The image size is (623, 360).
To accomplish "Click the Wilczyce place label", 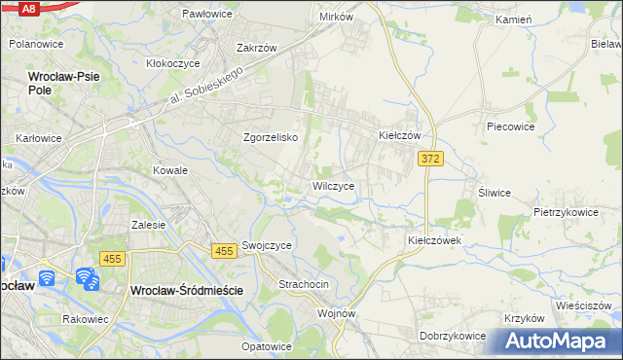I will point(339,185).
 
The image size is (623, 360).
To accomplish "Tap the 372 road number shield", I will point(431,158).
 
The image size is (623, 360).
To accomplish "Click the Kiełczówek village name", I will point(433,239).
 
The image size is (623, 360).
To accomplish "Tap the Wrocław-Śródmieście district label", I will point(184,290).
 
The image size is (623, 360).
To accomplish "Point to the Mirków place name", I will point(336,18).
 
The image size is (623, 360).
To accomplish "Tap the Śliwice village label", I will point(495,192).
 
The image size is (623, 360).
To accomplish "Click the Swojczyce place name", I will point(267,246).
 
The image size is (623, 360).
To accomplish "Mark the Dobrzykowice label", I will point(453,336).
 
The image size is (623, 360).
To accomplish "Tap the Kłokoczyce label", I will point(173,62).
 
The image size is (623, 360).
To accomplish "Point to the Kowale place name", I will point(169,169).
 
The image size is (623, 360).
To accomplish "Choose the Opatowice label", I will point(267,346).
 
